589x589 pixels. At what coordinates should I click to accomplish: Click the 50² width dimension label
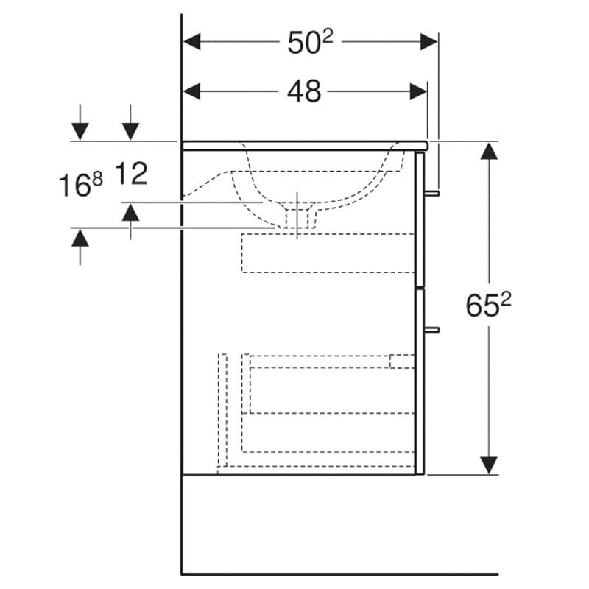(310, 41)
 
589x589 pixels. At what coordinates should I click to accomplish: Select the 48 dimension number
(304, 91)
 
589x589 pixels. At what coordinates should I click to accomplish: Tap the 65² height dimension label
(488, 305)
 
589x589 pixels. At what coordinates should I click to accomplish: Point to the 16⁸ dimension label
(81, 185)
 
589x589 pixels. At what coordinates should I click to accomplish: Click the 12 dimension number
(131, 173)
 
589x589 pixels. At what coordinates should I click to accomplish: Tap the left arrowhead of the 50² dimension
(191, 41)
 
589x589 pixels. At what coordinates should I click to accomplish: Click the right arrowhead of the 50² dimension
(428, 41)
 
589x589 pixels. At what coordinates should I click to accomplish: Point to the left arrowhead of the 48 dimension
(191, 91)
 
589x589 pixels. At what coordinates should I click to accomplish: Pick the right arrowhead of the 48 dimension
(418, 91)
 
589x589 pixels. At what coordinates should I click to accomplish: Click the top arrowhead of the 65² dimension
(489, 151)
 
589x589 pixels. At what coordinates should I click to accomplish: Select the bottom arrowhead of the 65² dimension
(489, 465)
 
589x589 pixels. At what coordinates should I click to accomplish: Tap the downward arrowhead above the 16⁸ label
(80, 132)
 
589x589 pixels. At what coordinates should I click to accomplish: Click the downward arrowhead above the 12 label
(130, 132)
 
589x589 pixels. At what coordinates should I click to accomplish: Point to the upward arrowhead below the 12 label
(130, 212)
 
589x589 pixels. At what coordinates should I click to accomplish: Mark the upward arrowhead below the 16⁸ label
(80, 237)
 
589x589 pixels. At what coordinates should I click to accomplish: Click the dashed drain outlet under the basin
(297, 218)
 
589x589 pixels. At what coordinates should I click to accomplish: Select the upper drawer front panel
(420, 219)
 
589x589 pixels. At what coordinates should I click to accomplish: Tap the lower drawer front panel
(420, 381)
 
